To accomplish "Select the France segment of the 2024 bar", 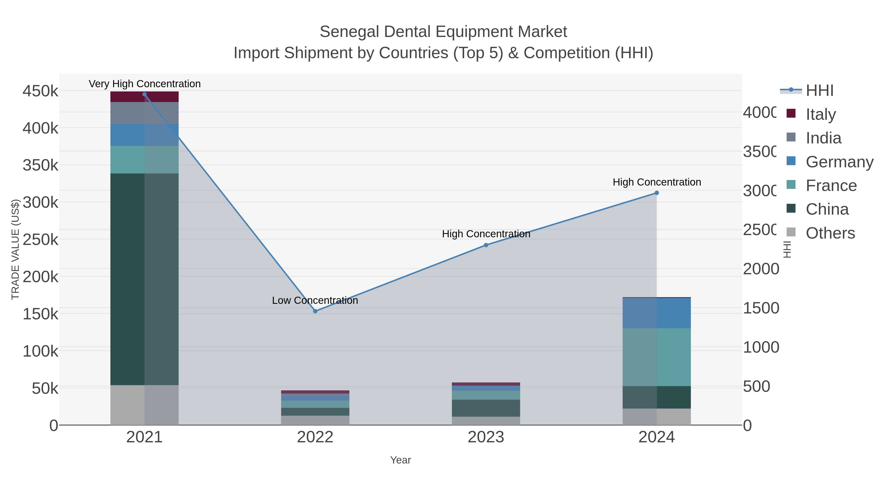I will pyautogui.click(x=657, y=357).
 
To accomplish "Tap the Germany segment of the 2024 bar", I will pyautogui.click(x=657, y=313).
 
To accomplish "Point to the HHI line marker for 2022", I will pyautogui.click(x=315, y=311).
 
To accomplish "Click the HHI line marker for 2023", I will pyautogui.click(x=486, y=245).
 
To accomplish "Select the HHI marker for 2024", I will pyautogui.click(x=657, y=193).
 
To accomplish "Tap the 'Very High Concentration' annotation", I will pyautogui.click(x=145, y=84).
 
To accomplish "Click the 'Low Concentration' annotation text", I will pyautogui.click(x=315, y=300).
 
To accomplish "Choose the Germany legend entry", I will pyautogui.click(x=839, y=161).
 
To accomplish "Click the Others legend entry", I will pyautogui.click(x=830, y=233).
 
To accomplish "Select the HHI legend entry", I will pyautogui.click(x=819, y=90).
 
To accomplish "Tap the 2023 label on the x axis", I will pyautogui.click(x=486, y=437).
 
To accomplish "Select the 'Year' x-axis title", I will pyautogui.click(x=400, y=460).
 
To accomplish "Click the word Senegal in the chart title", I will pyautogui.click(x=349, y=32).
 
